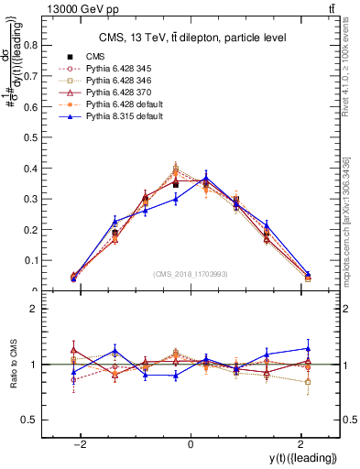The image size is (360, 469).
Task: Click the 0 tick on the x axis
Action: point(191,444)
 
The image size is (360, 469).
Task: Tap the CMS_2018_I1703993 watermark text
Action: point(191,274)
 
